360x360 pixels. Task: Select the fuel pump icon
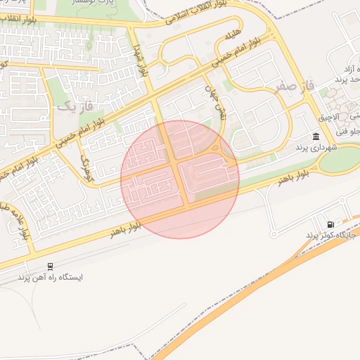(x=330, y=224)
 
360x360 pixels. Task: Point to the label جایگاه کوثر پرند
(x=332, y=235)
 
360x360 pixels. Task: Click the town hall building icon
(x=316, y=136)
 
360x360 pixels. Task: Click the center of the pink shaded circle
(x=180, y=179)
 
